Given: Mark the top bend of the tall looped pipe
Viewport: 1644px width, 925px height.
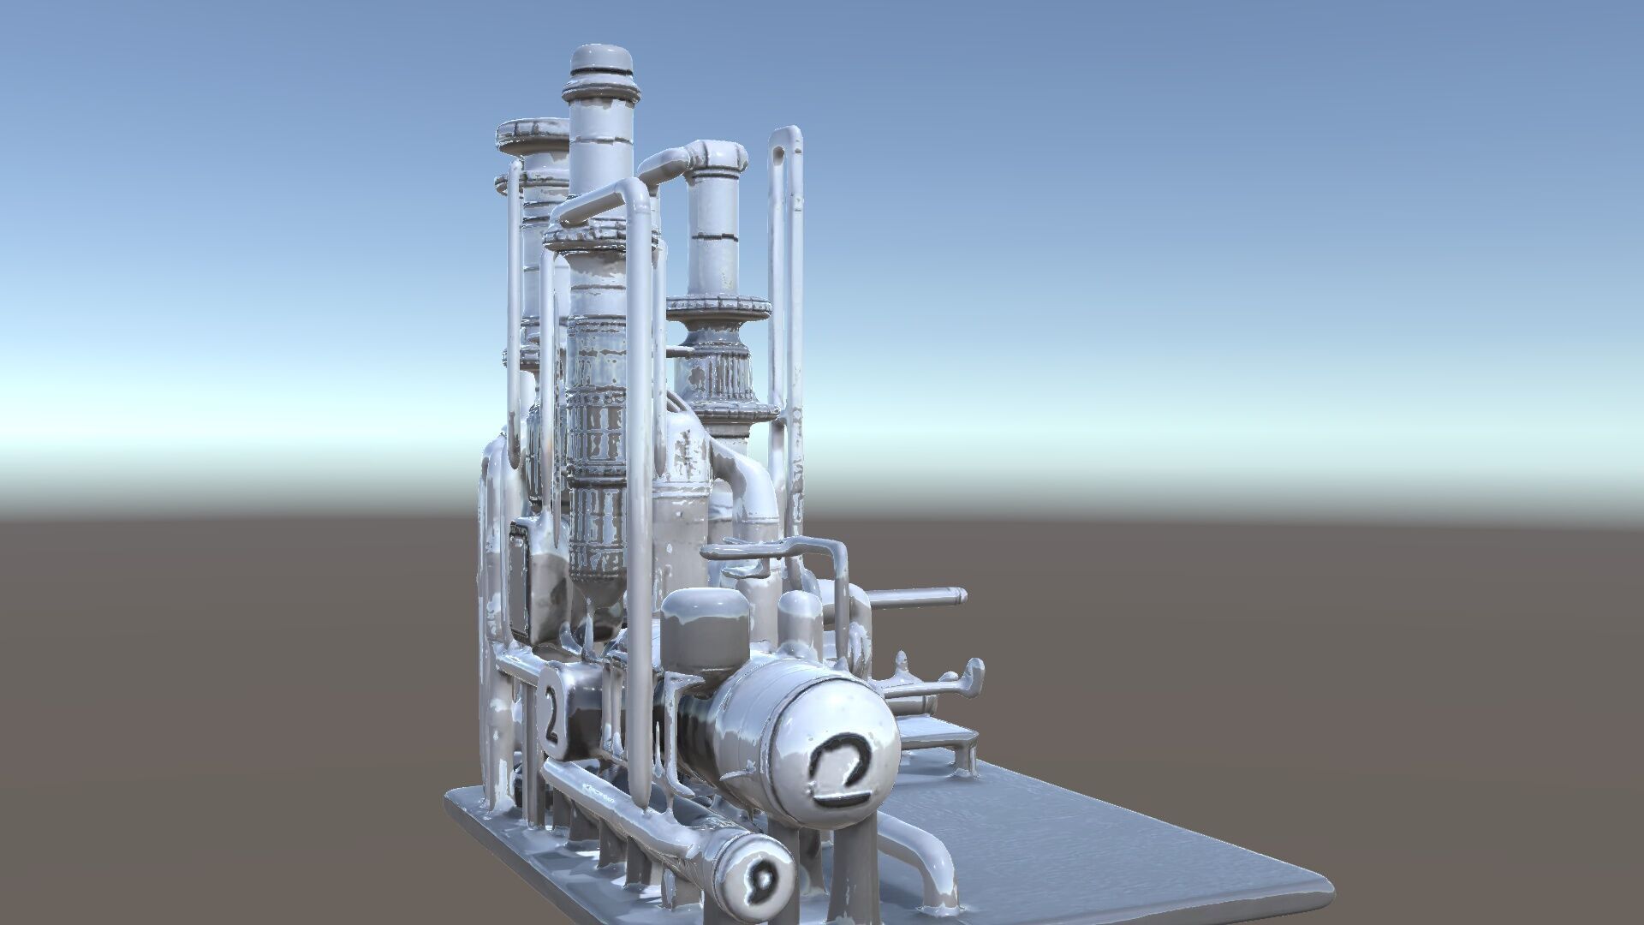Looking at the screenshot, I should pos(786,137).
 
